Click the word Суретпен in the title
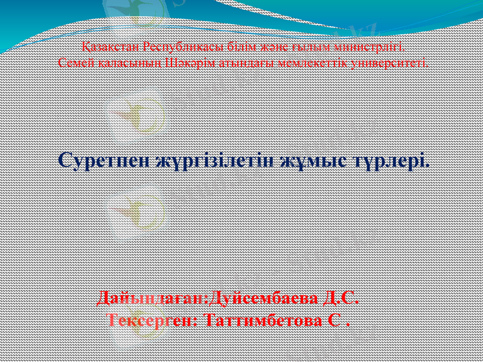coord(104,161)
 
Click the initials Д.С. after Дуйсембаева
coord(342,299)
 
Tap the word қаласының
coord(126,62)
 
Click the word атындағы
coord(240,62)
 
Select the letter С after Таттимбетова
coord(336,319)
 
